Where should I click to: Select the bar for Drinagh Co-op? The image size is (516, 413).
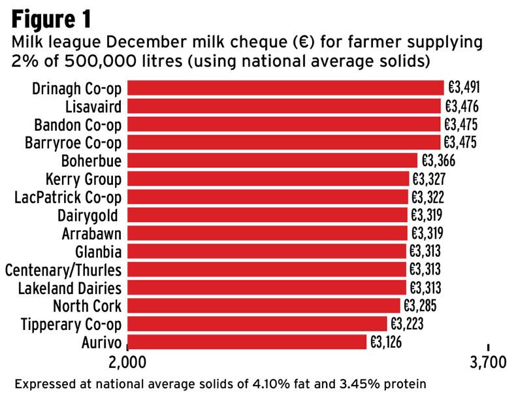tap(285, 88)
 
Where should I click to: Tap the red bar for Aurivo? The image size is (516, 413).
tap(247, 342)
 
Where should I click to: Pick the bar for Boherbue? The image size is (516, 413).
tap(272, 160)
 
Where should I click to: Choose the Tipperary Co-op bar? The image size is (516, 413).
tap(257, 323)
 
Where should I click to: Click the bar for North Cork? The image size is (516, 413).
tap(263, 305)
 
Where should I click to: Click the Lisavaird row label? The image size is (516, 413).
tap(93, 106)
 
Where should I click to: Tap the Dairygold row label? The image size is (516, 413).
tap(90, 215)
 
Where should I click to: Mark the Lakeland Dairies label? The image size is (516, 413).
tap(67, 288)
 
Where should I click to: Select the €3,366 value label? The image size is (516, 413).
tap(438, 160)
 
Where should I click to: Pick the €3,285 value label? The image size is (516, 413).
tap(419, 305)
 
